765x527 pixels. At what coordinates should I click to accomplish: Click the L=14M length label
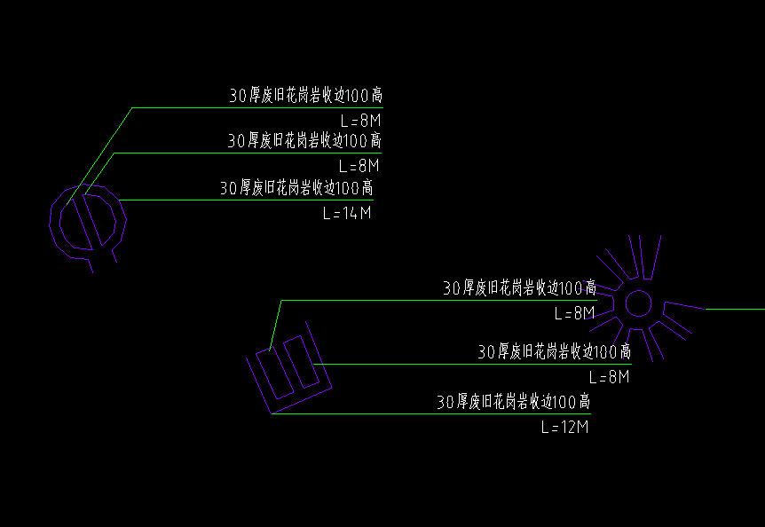(347, 213)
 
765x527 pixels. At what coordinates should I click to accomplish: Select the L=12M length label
(565, 427)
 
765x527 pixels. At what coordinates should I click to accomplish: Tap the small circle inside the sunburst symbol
(638, 303)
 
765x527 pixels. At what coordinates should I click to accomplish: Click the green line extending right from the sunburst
(735, 309)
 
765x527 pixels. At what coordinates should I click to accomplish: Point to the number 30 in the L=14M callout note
(228, 188)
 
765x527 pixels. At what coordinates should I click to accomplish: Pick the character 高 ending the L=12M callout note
(584, 402)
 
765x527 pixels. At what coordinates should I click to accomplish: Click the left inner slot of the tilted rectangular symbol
(275, 373)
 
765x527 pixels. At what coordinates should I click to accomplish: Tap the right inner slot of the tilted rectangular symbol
(302, 362)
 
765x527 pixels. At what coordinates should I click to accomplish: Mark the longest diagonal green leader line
(99, 156)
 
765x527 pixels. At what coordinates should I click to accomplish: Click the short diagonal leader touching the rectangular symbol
(275, 326)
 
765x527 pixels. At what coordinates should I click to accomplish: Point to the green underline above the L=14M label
(246, 200)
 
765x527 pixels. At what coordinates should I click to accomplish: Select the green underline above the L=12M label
(430, 414)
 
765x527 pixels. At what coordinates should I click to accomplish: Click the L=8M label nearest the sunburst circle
(575, 313)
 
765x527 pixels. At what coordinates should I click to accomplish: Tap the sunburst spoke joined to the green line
(684, 306)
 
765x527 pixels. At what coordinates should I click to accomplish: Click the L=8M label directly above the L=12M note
(610, 377)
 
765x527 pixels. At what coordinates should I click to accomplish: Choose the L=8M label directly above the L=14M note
(359, 166)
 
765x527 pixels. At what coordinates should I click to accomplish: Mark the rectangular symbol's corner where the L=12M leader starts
(272, 414)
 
